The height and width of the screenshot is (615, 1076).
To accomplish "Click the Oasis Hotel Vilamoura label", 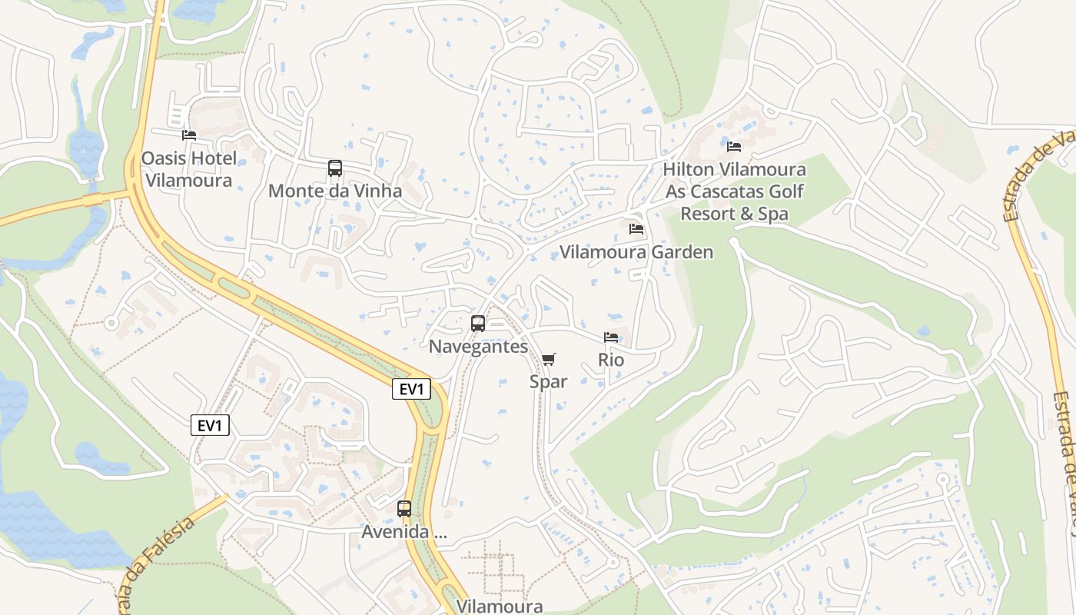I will coord(188,170).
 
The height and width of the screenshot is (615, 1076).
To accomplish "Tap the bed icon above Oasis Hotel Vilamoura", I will coord(189,135).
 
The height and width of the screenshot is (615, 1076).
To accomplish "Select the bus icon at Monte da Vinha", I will coord(335,168).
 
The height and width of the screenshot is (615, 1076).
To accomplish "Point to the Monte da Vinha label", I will coord(335,191).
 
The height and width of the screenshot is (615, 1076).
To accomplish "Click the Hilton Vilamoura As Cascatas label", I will coord(734,191).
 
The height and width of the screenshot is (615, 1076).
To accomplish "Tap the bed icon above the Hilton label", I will coord(734,146).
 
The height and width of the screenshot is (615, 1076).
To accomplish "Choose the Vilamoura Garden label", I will coord(636,252).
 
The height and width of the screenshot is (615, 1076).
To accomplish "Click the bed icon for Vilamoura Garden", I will coord(636,229).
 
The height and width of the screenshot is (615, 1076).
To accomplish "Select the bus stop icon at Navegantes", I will coord(478,324).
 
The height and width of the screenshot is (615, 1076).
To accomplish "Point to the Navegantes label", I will coord(478,347).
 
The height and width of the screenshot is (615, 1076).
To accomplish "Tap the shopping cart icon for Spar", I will coord(549,359).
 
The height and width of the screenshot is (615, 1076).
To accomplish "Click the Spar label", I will coord(549,381).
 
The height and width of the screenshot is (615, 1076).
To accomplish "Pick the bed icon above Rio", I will coord(611,337).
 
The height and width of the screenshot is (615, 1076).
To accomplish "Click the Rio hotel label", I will coord(611,360).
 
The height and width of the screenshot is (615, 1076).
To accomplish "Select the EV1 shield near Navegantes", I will coord(411,389).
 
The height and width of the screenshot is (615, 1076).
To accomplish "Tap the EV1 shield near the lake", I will coord(210,425).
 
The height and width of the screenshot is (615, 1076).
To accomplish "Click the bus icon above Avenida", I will coord(404,508).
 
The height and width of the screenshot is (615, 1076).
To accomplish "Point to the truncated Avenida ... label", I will coord(404,531).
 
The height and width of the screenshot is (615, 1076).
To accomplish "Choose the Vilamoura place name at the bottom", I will coord(500,606).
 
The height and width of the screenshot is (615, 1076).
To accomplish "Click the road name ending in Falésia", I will coord(158,565).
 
